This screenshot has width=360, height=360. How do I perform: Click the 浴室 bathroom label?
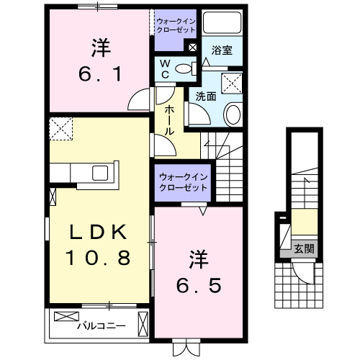coord(221,51)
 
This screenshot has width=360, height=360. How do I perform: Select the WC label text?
coord(164,69)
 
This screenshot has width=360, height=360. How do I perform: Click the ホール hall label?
coord(168,121)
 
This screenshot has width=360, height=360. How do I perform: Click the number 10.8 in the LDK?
coord(99,256)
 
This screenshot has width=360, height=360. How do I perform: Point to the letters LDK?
coord(99,232)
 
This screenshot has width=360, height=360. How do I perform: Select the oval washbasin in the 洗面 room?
coord(234,113)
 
